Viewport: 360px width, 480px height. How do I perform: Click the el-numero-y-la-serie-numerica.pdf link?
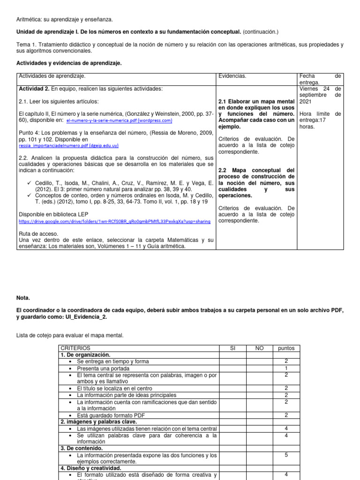119,120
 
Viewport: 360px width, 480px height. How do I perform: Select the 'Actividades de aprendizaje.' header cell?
52,76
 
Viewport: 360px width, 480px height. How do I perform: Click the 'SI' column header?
233,348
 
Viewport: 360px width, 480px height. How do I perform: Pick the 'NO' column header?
259,348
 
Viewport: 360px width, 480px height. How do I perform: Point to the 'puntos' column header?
286,348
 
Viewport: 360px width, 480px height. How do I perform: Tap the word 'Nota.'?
23,298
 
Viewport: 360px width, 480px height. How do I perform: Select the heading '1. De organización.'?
85,355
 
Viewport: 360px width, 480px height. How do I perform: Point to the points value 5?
286,455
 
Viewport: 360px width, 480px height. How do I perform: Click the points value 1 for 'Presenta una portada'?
286,368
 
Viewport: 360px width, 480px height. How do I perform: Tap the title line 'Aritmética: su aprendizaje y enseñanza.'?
65,19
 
